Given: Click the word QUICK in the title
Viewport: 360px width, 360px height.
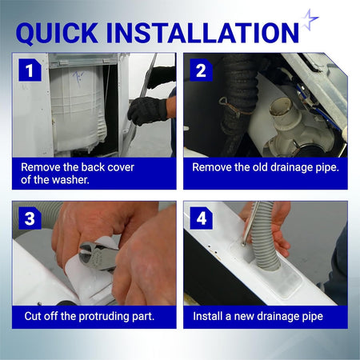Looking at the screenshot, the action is pyautogui.click(x=57, y=34).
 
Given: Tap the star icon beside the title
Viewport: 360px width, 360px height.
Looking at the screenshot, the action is pyautogui.click(x=310, y=19).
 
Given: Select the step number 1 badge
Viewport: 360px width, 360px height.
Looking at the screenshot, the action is pyautogui.click(x=30, y=70).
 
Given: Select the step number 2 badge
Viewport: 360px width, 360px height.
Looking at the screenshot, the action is pyautogui.click(x=201, y=70).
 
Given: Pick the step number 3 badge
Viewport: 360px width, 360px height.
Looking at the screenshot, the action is pyautogui.click(x=30, y=218).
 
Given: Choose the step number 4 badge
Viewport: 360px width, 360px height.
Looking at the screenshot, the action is pyautogui.click(x=201, y=218).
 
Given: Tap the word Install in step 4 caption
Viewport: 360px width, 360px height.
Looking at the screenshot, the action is pyautogui.click(x=208, y=316).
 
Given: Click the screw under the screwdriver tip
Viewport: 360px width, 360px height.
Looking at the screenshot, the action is pyautogui.click(x=242, y=243).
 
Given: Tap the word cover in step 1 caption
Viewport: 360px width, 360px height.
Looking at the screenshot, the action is pyautogui.click(x=121, y=167).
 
